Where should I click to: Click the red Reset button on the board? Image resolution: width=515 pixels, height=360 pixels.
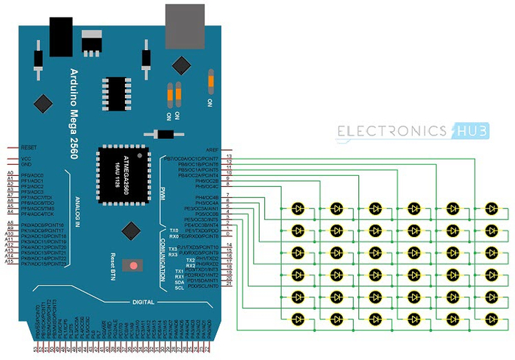(x=134, y=266)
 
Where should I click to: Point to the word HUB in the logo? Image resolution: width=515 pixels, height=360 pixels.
(x=466, y=131)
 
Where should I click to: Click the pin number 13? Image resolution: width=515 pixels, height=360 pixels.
(x=230, y=157)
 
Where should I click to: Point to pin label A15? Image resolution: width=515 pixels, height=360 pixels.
(x=10, y=263)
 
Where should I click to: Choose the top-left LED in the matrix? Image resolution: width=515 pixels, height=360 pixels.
(x=298, y=208)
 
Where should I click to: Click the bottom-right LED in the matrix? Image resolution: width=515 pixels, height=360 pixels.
(x=489, y=319)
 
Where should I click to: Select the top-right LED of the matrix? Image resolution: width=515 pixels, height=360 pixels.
(x=489, y=208)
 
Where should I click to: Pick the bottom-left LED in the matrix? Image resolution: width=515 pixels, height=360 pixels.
(x=298, y=319)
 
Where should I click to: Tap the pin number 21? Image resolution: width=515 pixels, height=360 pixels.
(x=230, y=285)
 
